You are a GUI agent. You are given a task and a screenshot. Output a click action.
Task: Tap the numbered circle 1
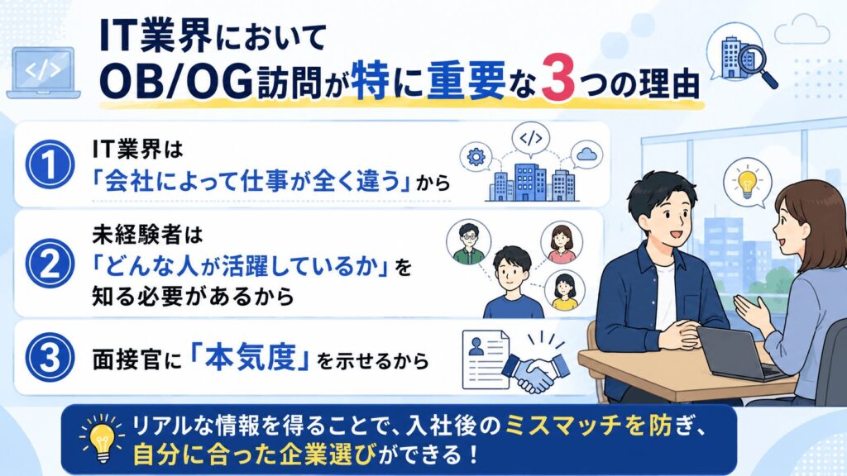point(50,164)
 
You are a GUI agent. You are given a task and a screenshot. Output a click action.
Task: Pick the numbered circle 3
point(50,357)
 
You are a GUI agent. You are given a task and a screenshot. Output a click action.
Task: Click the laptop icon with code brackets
point(43,73)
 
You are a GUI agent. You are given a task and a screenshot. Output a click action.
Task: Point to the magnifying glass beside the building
point(758,64)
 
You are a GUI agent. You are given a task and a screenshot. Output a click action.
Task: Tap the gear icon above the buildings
point(476,156)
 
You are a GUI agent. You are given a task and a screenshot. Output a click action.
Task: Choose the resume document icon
point(486,359)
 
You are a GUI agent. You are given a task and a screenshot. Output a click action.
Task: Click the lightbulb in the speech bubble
point(747,181)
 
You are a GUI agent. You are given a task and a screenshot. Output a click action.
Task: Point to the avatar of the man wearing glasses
point(468,242)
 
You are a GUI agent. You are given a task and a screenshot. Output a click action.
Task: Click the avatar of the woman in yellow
point(564,290)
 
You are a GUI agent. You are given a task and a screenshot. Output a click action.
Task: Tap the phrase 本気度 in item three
point(250,358)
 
